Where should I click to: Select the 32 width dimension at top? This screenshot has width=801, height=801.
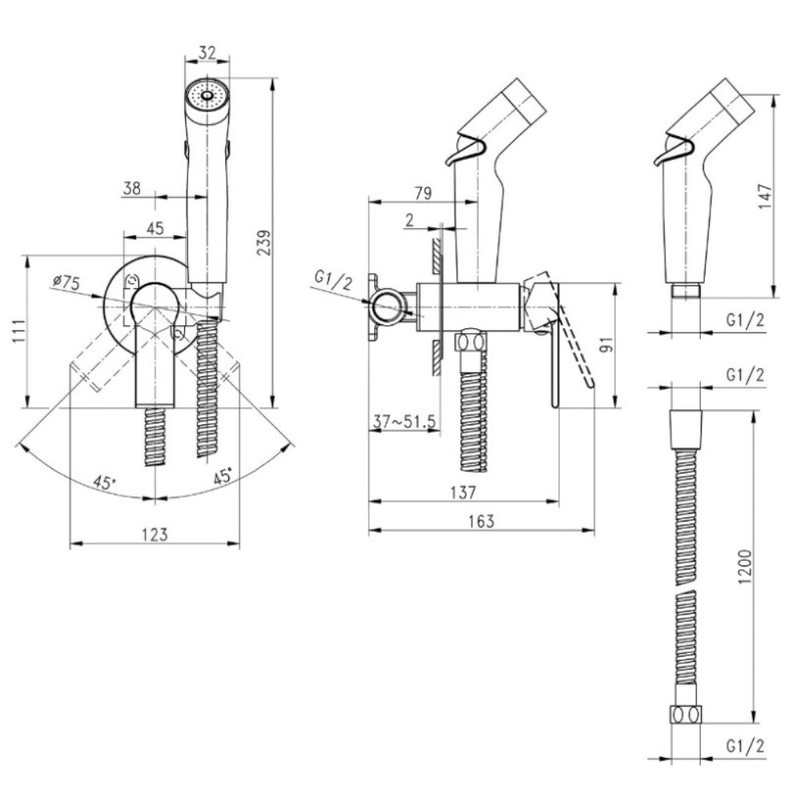207,52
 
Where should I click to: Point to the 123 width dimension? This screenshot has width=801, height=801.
155,533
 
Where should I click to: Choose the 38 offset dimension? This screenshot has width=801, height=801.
132,188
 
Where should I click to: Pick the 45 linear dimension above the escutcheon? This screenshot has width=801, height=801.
155,227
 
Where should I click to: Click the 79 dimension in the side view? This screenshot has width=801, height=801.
422,193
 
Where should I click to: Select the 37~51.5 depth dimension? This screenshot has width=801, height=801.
404,421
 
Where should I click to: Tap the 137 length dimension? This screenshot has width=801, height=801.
463,493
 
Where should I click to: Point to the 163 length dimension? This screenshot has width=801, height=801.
481,521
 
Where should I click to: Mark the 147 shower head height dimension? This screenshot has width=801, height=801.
765,195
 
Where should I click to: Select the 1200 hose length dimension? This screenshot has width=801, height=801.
745,566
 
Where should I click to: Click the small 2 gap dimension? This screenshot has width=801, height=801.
409,220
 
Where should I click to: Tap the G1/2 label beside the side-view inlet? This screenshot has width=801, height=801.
333,281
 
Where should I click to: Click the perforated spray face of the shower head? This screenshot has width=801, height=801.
207,95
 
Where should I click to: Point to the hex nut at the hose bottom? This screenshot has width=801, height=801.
686,714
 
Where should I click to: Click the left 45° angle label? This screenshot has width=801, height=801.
104,481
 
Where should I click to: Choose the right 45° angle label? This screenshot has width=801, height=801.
223,475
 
